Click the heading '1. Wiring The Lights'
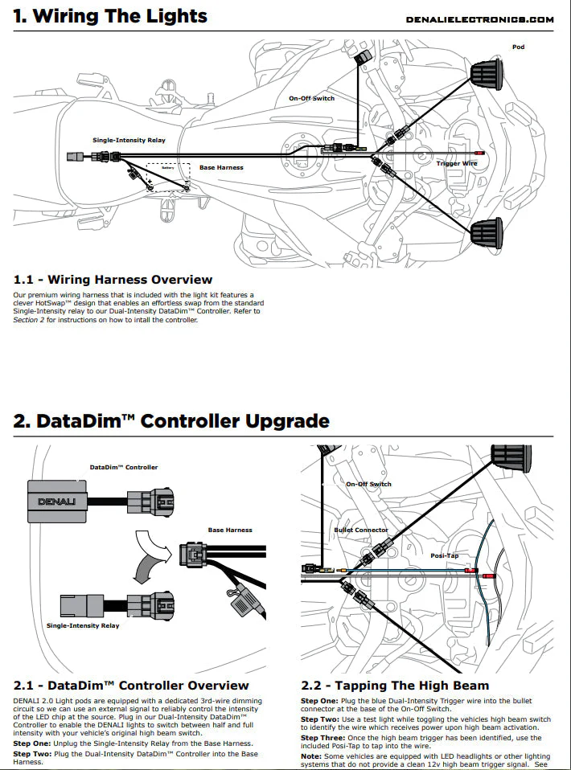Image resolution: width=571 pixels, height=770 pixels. coord(110,16)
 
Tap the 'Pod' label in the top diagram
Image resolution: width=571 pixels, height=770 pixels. coord(518,47)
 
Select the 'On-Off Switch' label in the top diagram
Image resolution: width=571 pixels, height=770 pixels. coord(311,98)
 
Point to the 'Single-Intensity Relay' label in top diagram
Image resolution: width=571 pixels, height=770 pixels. coord(129,140)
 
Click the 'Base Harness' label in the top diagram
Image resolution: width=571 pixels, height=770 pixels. coord(221,167)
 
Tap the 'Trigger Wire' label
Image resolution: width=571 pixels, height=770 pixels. coord(457,163)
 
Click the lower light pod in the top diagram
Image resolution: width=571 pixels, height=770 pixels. coord(487,233)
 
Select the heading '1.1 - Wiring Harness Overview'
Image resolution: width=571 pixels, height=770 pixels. coord(113,280)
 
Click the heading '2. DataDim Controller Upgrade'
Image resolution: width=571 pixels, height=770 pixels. coord(171,421)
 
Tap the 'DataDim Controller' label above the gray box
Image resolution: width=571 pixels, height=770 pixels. coord(124,467)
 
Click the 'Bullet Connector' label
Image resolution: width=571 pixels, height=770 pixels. coord(361,530)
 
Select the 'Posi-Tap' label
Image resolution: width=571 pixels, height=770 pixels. coord(444,555)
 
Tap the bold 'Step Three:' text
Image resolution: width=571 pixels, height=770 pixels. coord(325,737)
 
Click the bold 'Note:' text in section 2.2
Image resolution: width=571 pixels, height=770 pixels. coord(311,756)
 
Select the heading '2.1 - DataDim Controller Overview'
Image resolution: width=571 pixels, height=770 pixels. coord(131,686)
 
